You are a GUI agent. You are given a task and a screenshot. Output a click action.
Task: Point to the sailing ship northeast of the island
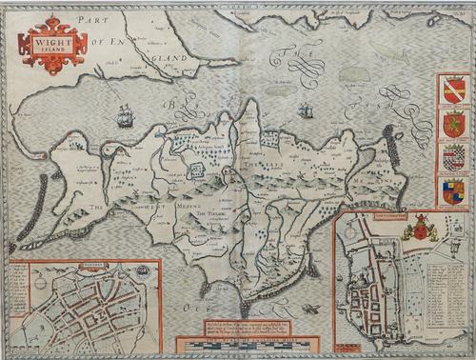[304, 110]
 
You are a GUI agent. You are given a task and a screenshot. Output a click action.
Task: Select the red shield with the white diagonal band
[452, 91]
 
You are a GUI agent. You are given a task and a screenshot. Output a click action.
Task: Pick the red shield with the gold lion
[452, 124]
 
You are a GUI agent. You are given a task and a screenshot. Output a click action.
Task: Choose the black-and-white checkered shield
[452, 156]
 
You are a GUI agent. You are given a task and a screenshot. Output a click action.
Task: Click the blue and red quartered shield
[452, 190]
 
